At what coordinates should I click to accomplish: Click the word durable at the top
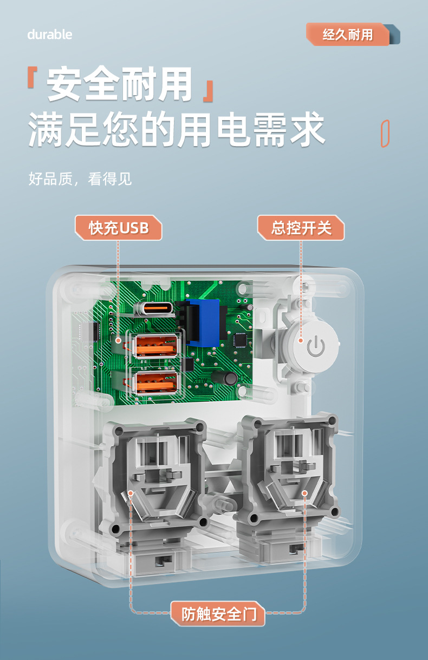pos(50,35)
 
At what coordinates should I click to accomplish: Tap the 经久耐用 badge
pos(348,35)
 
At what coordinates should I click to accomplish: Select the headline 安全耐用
pos(120,84)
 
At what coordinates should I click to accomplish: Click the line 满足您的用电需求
pos(177,130)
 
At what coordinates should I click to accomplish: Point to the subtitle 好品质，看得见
pos(80,179)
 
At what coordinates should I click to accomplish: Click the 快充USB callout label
pos(119,228)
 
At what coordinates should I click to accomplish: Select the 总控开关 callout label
pos(301,228)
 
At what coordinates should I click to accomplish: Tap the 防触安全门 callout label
pos(218,615)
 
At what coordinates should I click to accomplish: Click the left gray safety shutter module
pos(154,476)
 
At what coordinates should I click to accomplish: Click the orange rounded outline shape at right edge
pos(385,133)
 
